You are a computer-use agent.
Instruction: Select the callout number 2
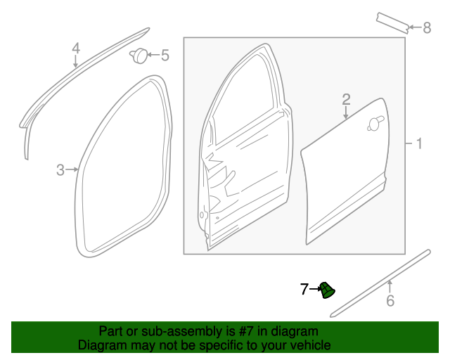point(346,99)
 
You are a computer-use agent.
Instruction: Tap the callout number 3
point(60,169)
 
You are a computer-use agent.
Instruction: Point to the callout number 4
point(76,48)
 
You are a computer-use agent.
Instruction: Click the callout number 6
point(390,302)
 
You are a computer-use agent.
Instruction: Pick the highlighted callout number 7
point(304,288)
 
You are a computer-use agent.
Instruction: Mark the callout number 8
point(426,28)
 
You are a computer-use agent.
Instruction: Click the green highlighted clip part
point(327,289)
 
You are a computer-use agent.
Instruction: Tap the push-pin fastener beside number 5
point(139,55)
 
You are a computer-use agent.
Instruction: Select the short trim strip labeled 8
point(392,22)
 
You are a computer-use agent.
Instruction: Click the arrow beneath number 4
point(76,62)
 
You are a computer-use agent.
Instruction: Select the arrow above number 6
point(390,285)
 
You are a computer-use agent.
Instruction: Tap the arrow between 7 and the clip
point(314,288)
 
